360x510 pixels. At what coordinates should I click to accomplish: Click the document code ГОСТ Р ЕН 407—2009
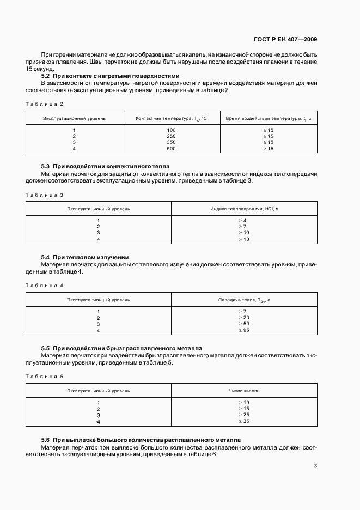285,39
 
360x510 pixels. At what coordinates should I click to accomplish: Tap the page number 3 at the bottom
315,465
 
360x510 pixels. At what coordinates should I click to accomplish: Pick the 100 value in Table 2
172,130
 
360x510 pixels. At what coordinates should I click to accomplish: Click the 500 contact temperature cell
172,148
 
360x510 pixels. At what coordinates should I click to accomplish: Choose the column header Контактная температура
171,118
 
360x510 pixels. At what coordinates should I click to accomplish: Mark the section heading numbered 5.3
106,166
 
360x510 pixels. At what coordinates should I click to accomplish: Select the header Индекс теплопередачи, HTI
244,208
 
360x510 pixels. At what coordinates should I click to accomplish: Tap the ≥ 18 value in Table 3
243,239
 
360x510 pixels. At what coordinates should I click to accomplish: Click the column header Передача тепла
244,299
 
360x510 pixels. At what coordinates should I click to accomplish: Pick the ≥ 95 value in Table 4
243,330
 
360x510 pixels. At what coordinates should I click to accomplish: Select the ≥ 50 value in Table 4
243,324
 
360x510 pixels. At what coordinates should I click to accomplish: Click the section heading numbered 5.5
121,348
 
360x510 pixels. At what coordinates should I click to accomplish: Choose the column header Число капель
244,390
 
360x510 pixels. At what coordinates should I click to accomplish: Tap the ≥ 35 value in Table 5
243,421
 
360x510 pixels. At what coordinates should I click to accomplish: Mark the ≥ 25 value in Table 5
243,415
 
